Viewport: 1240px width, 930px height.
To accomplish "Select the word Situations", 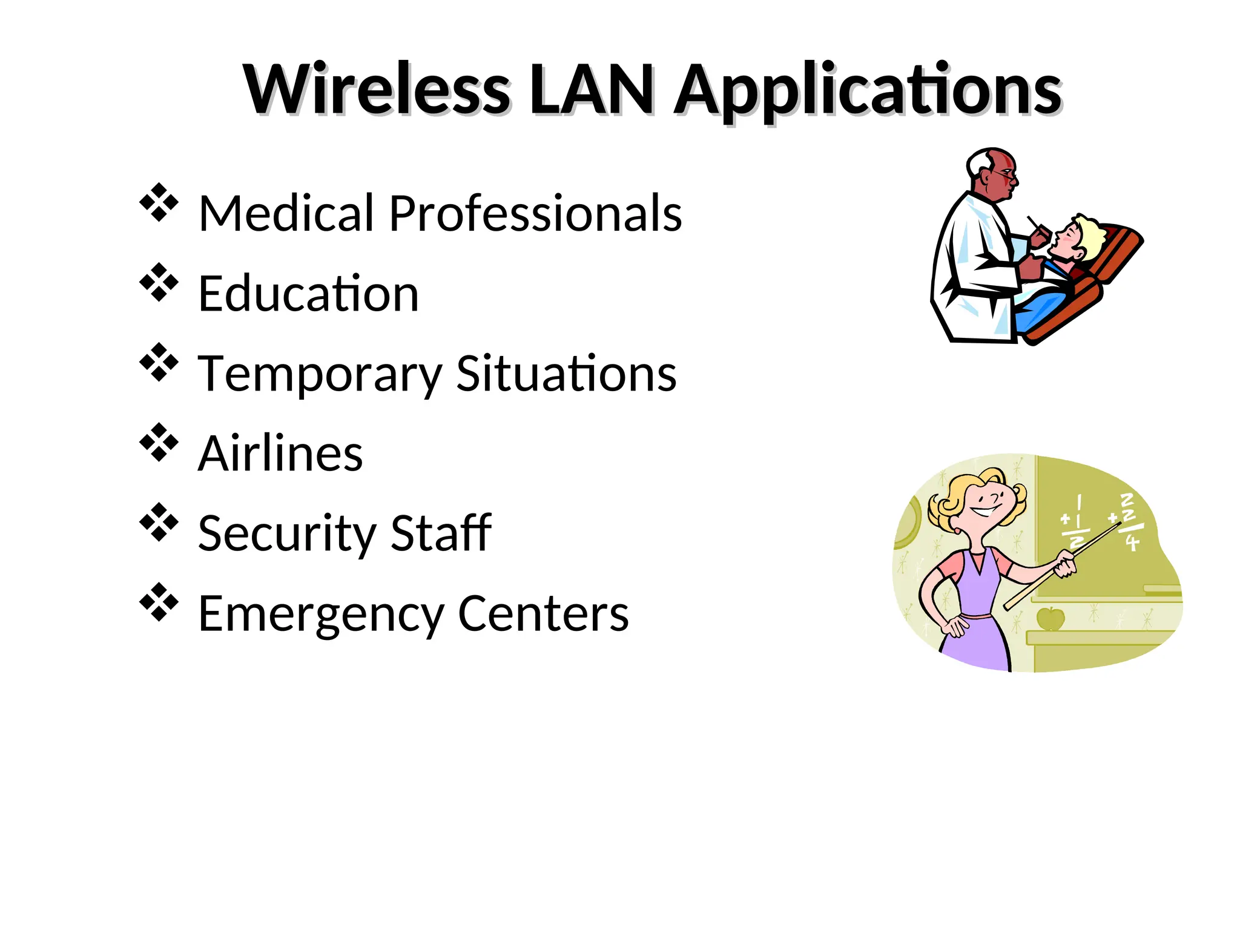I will click(566, 374).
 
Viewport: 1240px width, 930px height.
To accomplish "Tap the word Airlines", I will click(280, 453).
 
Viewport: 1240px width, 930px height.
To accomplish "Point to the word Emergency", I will click(320, 615).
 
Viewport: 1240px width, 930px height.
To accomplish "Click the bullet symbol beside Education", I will click(159, 282).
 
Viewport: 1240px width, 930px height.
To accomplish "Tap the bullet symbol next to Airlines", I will click(159, 443).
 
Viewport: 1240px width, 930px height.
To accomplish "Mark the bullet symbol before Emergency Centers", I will click(159, 602).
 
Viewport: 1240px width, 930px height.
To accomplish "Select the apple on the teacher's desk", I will click(1050, 618).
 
